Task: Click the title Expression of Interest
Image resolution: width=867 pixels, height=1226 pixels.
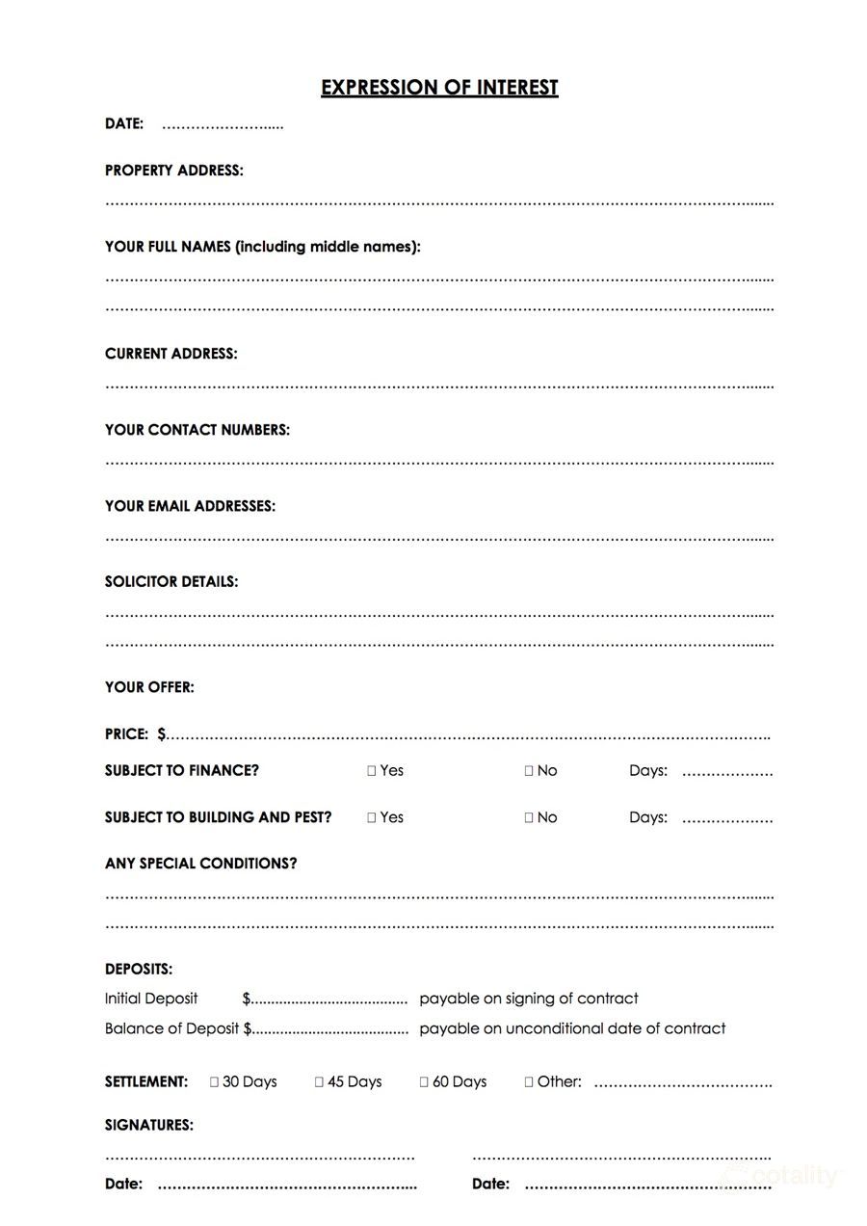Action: point(439,88)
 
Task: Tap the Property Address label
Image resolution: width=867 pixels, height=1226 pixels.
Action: point(173,171)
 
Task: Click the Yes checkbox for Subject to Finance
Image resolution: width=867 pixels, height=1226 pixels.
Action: point(372,771)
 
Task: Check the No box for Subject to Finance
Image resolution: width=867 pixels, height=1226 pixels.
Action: point(529,771)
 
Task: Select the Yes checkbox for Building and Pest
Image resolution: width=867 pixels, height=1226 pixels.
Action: point(372,817)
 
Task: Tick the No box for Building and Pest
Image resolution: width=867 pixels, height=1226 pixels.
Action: point(529,817)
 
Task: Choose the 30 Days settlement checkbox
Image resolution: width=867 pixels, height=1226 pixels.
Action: point(215,1082)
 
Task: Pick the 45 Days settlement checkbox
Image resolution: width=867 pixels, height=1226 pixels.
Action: point(320,1082)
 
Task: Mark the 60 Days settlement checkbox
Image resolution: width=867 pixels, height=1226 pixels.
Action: point(424,1082)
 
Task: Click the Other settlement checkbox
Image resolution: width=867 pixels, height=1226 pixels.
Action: point(529,1082)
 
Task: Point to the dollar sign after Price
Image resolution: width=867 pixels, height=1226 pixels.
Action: point(161,734)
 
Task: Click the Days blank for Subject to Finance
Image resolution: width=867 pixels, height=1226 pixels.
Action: point(727,772)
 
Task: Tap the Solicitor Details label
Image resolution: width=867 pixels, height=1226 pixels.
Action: point(171,582)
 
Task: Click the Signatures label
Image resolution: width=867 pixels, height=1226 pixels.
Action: point(148,1125)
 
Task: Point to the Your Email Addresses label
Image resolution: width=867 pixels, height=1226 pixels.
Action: point(190,506)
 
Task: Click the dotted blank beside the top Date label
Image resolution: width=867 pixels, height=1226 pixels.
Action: point(223,125)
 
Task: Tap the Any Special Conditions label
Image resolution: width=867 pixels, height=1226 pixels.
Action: point(200,864)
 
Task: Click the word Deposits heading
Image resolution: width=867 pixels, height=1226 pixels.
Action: point(139,970)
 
